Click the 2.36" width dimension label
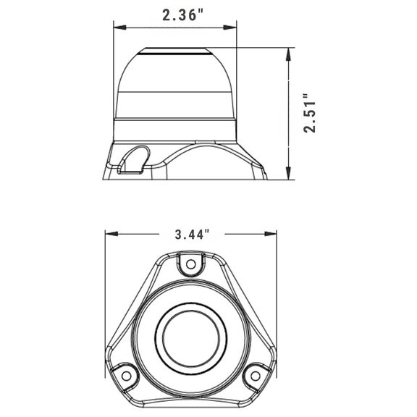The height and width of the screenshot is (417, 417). tap(182, 15)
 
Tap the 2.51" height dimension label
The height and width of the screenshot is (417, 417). tap(310, 113)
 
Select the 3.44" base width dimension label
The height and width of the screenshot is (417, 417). tap(192, 235)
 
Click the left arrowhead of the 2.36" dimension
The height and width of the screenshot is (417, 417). tap(120, 28)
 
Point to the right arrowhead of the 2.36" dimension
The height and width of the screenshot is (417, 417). tap(230, 28)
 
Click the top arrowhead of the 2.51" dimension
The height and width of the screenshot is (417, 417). tap(288, 54)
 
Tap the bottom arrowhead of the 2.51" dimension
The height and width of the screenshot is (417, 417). tap(288, 173)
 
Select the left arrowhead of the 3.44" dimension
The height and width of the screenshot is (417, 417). tap(111, 234)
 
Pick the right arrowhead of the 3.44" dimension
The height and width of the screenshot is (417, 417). tap(271, 234)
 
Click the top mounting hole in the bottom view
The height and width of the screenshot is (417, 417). tap(190, 264)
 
